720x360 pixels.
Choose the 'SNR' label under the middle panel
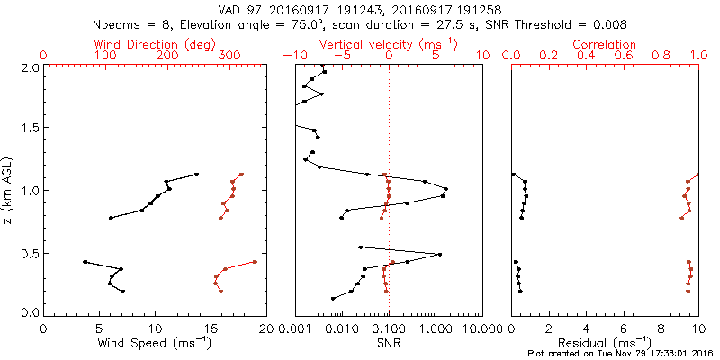pyautogui.click(x=388, y=343)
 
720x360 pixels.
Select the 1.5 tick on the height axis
pyautogui.click(x=30, y=128)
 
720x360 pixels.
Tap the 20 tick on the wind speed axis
pyautogui.click(x=265, y=328)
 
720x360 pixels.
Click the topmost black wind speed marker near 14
pyautogui.click(x=196, y=175)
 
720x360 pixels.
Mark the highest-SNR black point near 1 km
pyautogui.click(x=445, y=189)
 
